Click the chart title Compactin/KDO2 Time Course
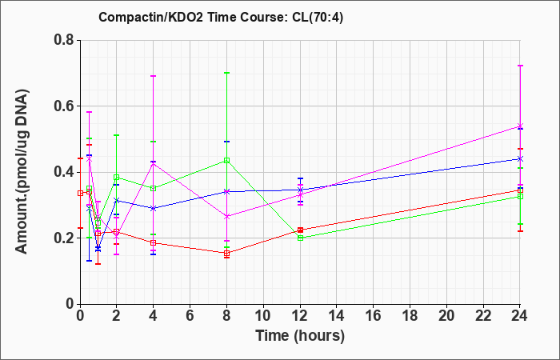pyautogui.click(x=193, y=17)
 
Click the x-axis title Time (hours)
pyautogui.click(x=300, y=336)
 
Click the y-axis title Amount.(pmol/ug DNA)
pyautogui.click(x=22, y=171)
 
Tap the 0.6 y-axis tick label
pyautogui.click(x=64, y=106)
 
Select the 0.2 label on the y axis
pyautogui.click(x=64, y=238)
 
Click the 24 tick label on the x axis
pyautogui.click(x=520, y=316)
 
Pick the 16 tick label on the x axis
pyautogui.click(x=374, y=316)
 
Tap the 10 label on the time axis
pyautogui.click(x=263, y=316)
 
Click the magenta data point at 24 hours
pyautogui.click(x=520, y=126)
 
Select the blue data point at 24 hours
pyautogui.click(x=520, y=158)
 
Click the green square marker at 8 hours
pyautogui.click(x=226, y=160)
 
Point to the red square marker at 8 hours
pyautogui.click(x=226, y=254)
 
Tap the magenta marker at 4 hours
pyautogui.click(x=154, y=163)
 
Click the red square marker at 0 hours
pyautogui.click(x=80, y=194)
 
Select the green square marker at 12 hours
pyautogui.click(x=300, y=238)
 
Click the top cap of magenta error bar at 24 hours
pyautogui.click(x=520, y=66)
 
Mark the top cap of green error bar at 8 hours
pyautogui.click(x=226, y=73)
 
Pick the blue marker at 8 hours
pyautogui.click(x=226, y=192)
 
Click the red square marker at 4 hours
pyautogui.click(x=154, y=243)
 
